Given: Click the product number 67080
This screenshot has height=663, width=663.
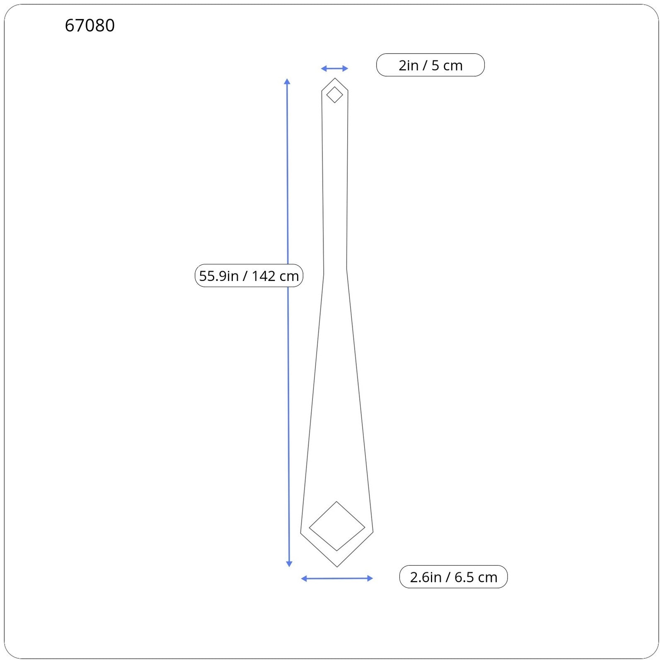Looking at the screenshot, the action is [90, 25].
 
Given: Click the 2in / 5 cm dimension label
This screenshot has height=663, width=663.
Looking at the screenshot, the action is [430, 65].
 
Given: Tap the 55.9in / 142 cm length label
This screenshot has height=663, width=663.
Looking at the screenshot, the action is [249, 276].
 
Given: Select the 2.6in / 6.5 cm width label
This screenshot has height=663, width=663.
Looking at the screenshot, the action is [453, 577].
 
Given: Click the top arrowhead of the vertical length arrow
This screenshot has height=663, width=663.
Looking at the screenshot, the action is [287, 81].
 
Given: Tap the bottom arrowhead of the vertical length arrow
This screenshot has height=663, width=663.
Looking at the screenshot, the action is [289, 564].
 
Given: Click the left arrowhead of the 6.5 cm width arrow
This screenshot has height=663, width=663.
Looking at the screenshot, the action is [304, 578].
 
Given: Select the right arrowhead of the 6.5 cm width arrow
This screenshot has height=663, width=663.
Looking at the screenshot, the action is [370, 578].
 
